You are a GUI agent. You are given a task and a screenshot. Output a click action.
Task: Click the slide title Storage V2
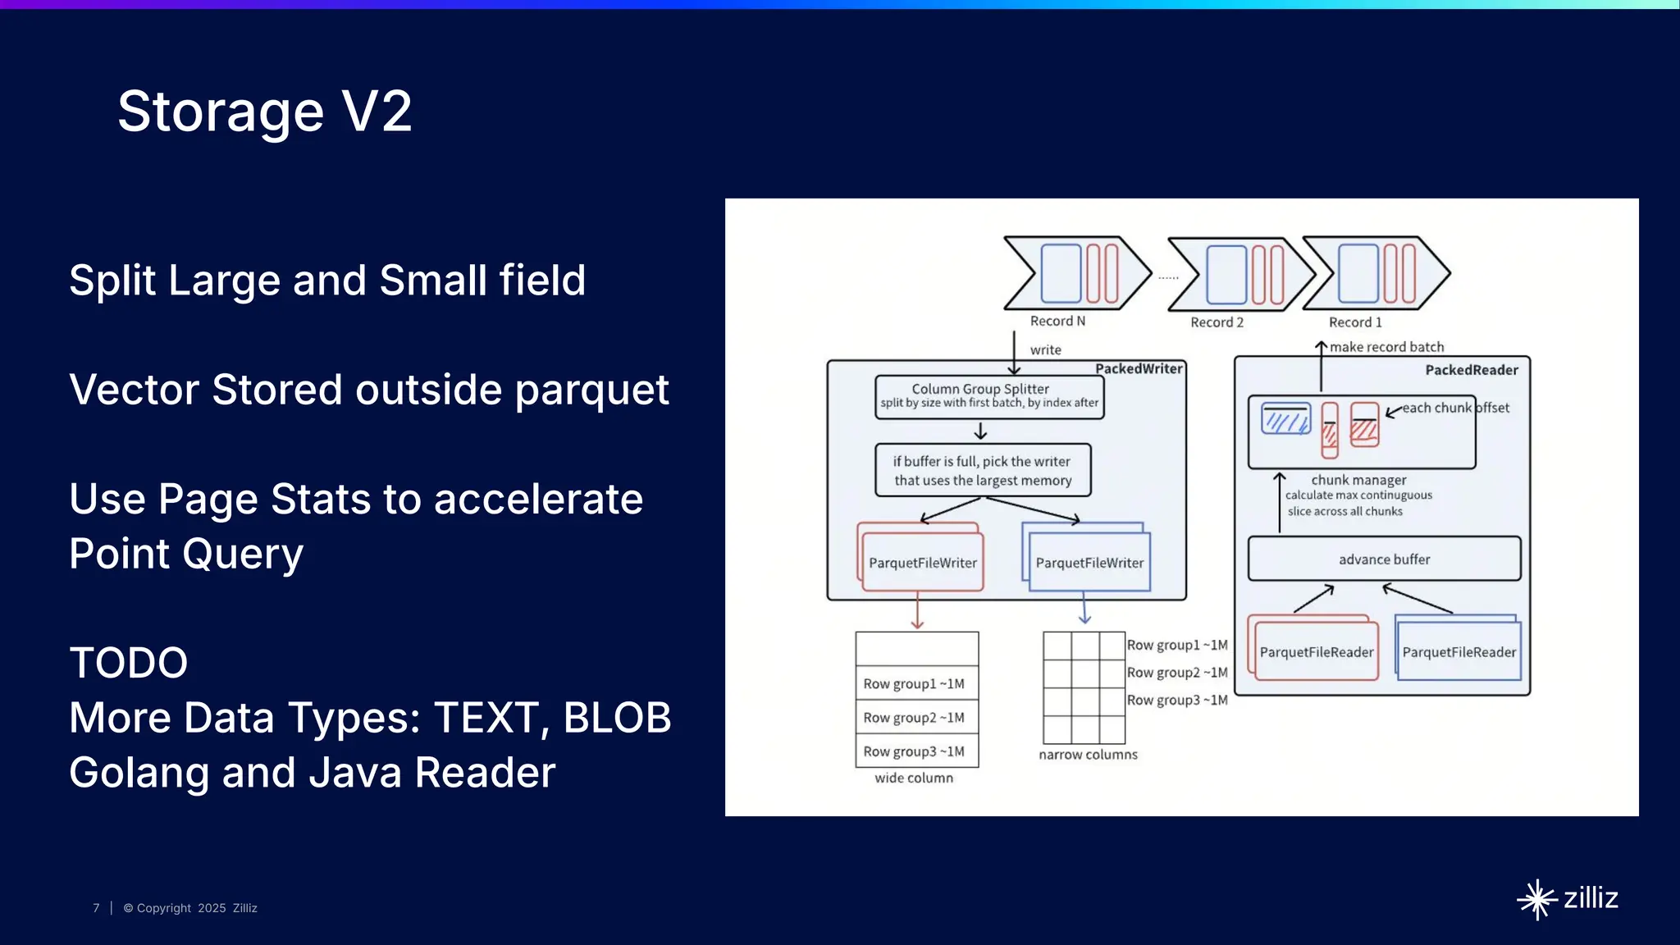click(264, 112)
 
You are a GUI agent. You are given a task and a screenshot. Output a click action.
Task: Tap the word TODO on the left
click(129, 663)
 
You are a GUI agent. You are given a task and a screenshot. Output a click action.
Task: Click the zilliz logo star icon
click(1536, 899)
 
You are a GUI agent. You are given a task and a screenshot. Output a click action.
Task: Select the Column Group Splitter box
click(988, 396)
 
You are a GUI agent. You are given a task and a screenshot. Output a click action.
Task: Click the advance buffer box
click(1384, 559)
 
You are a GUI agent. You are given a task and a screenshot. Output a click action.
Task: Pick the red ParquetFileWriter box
click(922, 563)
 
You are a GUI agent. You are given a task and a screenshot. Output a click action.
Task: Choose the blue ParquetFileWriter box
click(1089, 563)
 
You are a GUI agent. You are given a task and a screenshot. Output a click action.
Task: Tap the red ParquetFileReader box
click(1316, 652)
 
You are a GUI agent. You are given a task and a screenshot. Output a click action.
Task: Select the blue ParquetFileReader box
click(1459, 652)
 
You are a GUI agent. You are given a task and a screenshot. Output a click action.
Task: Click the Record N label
click(1057, 322)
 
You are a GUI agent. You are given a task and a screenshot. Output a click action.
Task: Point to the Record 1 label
click(1355, 322)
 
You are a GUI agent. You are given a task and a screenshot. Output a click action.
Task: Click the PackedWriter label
click(1139, 369)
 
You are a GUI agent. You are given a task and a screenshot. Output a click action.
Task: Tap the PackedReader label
click(1471, 370)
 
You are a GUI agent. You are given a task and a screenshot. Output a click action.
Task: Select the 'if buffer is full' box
click(982, 471)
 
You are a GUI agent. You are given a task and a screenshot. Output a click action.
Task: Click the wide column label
click(914, 778)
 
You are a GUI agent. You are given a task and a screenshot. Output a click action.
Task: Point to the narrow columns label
click(1088, 755)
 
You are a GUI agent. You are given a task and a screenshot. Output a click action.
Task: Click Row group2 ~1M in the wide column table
click(914, 718)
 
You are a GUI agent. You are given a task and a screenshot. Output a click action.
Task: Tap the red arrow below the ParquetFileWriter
click(917, 613)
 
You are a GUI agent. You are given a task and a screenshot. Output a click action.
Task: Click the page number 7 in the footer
click(96, 908)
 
